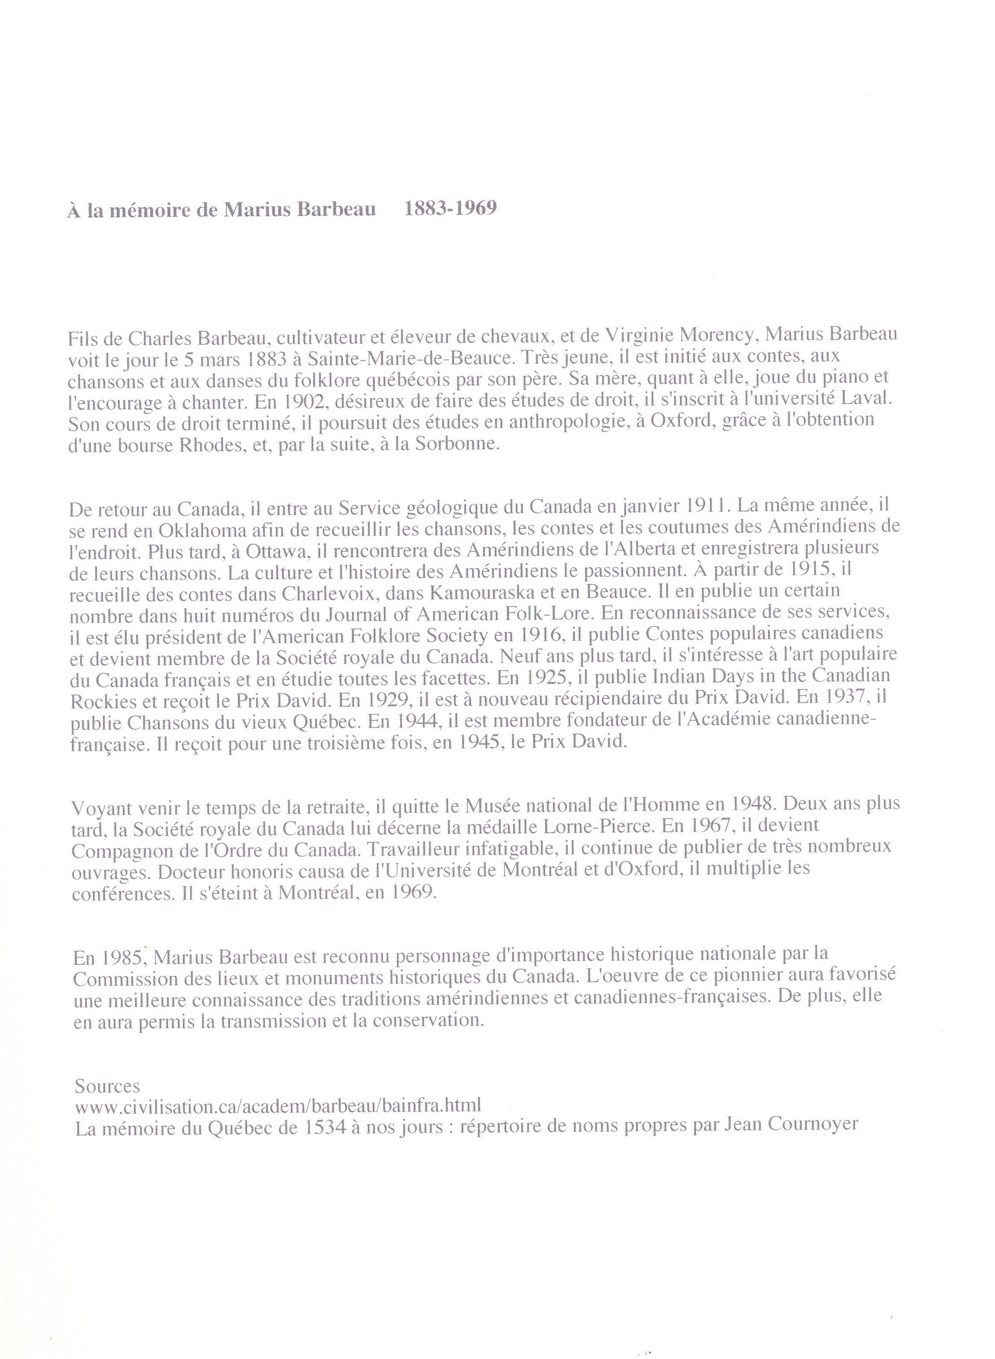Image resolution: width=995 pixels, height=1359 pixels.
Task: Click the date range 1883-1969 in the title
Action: [x=451, y=209]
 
